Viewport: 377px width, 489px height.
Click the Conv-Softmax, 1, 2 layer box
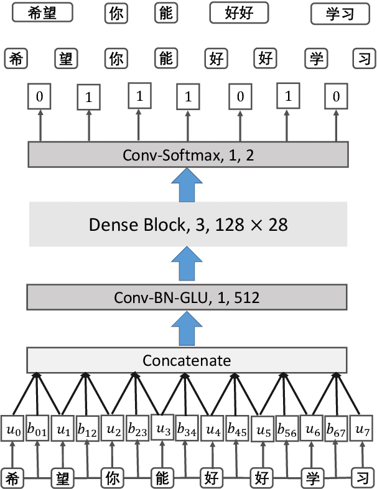tap(187, 154)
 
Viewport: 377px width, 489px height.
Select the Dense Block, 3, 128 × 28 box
tap(188, 224)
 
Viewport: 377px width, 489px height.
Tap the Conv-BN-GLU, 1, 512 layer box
tap(187, 297)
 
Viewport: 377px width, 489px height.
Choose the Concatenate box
tap(187, 360)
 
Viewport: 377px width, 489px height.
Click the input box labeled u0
tap(13, 429)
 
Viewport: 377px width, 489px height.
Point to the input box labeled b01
tap(37, 429)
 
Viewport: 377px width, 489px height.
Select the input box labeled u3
tap(163, 429)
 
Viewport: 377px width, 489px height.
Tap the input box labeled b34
tap(187, 429)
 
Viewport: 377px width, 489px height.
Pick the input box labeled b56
tap(287, 429)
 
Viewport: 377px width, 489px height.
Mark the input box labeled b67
tap(337, 429)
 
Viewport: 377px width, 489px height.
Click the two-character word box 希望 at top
tap(39, 12)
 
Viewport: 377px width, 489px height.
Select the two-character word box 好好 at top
tap(239, 12)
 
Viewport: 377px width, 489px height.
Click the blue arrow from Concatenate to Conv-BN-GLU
tap(187, 328)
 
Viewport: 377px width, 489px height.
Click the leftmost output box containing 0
tap(40, 98)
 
